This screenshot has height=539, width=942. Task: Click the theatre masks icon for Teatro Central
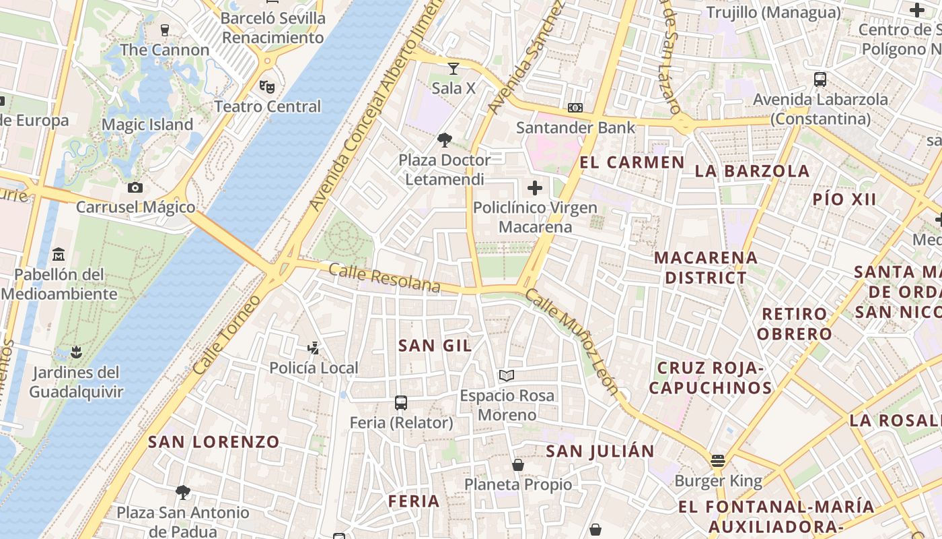point(267,86)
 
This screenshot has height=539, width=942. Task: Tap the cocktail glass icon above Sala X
point(454,68)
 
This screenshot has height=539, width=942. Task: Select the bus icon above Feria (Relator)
point(401,403)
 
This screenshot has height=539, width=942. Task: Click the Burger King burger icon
point(718,462)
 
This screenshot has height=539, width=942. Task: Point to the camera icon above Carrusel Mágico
point(135,187)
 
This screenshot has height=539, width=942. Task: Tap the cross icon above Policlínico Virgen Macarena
point(535,188)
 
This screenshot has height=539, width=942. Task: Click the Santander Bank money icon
point(575,108)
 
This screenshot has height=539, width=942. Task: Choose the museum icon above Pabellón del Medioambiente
point(59,255)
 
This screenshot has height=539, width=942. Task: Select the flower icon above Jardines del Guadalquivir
point(76,352)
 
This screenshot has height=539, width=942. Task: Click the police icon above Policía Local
point(313,348)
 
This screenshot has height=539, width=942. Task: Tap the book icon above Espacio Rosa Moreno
point(507,375)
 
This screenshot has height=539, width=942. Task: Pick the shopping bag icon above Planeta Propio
point(518,464)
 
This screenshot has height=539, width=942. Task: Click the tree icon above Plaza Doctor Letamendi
point(444,140)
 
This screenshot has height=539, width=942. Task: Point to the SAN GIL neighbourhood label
point(435,346)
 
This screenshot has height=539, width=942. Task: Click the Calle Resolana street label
point(384,278)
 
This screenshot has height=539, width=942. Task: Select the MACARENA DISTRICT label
point(706,267)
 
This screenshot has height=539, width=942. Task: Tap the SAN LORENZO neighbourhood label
point(213,442)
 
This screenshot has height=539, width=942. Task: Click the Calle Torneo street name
point(226,335)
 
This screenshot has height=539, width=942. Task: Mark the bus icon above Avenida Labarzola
point(820,80)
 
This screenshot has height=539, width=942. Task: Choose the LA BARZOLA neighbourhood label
point(752,171)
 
